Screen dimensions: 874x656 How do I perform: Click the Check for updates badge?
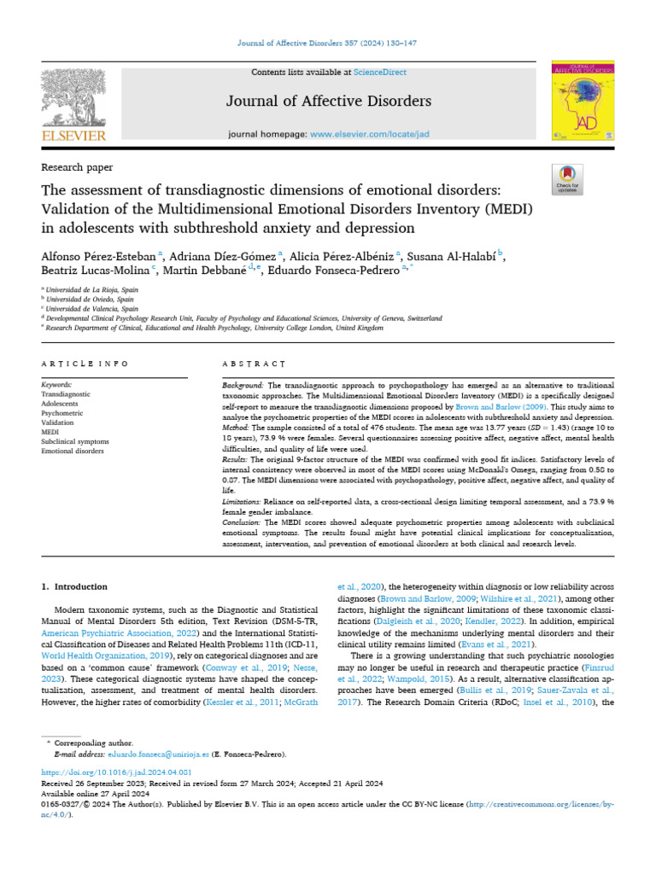(x=567, y=177)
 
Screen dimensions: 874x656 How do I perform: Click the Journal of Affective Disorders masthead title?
(x=329, y=102)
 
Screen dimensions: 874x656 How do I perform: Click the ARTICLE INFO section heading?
(x=85, y=364)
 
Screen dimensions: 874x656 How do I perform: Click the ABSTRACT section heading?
(x=253, y=364)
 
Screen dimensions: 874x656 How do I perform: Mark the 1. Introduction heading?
(x=74, y=586)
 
